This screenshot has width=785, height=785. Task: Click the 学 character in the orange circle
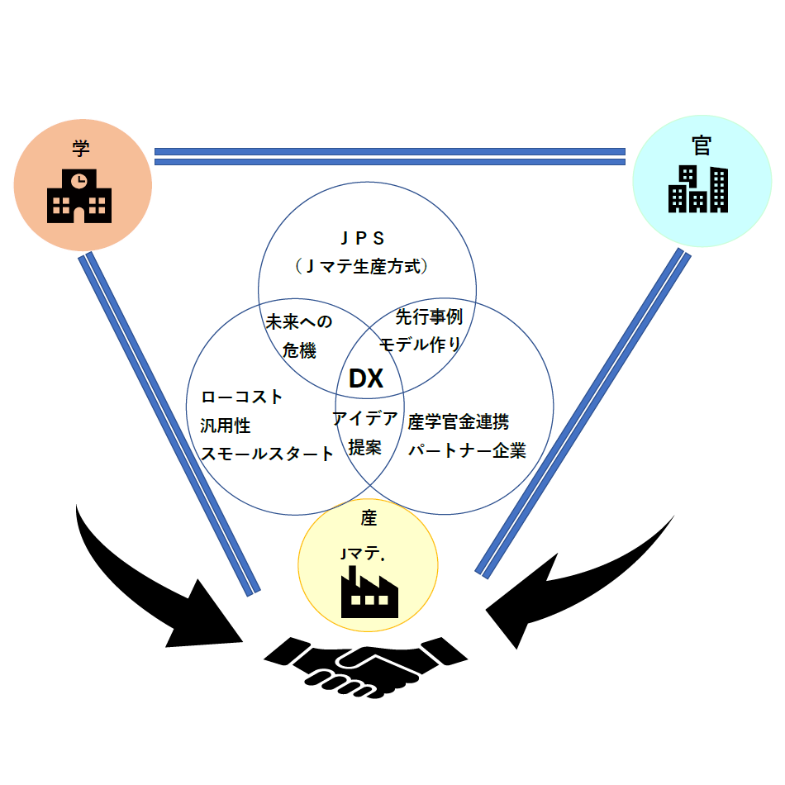[x=80, y=149]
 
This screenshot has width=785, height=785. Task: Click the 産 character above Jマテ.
[x=369, y=518]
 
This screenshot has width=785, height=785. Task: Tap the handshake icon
[x=366, y=666]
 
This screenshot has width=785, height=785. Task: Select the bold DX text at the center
[x=366, y=379]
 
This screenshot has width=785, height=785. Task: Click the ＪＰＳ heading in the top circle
[x=364, y=239]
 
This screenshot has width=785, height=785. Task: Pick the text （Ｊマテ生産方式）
[x=364, y=267]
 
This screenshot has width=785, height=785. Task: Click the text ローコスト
[x=242, y=397]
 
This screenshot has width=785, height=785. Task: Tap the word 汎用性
[x=226, y=426]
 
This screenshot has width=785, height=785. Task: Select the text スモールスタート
[x=268, y=454]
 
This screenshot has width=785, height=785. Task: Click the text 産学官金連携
[x=459, y=422]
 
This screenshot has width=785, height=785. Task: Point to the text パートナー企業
[x=467, y=451]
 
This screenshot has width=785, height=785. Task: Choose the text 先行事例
[x=429, y=316]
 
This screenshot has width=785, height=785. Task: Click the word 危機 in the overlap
[x=299, y=350]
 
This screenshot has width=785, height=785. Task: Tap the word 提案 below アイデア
[x=364, y=447]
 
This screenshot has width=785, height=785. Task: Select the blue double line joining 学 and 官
[x=389, y=156]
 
